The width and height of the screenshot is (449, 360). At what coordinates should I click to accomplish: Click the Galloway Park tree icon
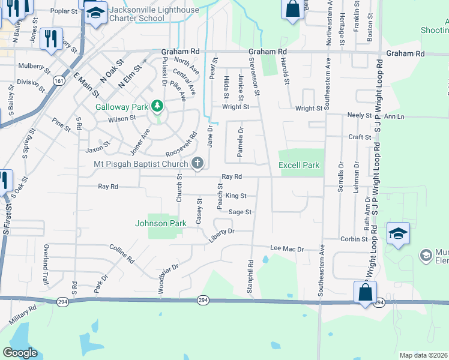coord(157,107)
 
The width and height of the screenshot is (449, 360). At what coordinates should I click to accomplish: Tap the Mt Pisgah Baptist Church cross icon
coord(197,163)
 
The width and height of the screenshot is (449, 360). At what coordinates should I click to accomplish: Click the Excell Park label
coord(299,165)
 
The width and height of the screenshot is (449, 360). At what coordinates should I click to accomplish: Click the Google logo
coord(20,353)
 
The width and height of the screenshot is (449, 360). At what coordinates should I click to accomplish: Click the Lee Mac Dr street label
coord(288,248)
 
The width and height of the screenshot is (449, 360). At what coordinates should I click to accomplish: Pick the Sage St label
coord(240,212)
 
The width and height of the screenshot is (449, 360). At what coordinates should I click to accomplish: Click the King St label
coord(236,196)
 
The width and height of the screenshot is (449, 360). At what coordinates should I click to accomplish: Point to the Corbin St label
coord(354,239)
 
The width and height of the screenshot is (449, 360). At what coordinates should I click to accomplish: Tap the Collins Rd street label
coord(122,253)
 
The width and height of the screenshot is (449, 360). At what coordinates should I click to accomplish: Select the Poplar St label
coord(64,11)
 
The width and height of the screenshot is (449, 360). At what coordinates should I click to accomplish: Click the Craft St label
coord(360,137)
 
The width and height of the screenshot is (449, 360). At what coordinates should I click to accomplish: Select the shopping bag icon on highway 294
coord(365,293)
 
